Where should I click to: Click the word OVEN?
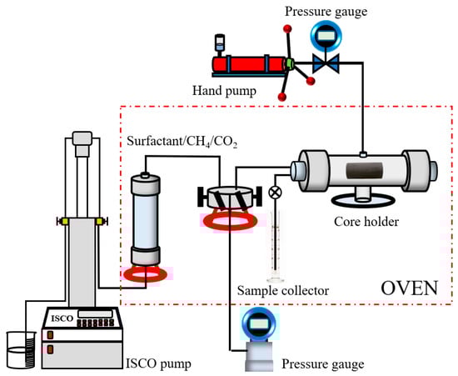coord(409,288)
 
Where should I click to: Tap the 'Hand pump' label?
coord(224,91)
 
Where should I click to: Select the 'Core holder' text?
coord(366,221)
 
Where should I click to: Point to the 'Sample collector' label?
coord(283,291)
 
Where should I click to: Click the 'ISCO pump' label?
coord(158,364)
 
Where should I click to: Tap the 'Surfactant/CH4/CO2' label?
coord(182,142)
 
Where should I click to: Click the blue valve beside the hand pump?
coord(326,63)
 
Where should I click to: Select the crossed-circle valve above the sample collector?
coord(275,193)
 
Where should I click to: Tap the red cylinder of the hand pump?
coord(249,64)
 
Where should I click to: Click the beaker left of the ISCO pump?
coord(22,349)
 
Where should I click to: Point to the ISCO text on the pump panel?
coord(62,318)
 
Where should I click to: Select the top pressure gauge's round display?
coord(326,35)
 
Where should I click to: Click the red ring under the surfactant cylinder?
coord(145,274)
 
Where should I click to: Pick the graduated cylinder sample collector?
coord(275,247)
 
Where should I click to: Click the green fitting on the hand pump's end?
coord(290,63)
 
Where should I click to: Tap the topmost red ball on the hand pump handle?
coord(287,29)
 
